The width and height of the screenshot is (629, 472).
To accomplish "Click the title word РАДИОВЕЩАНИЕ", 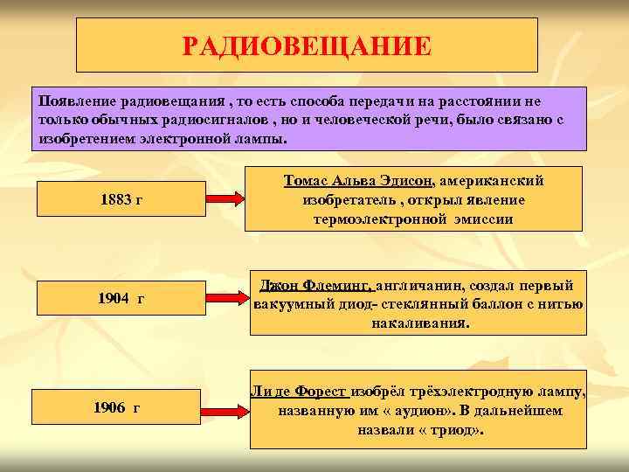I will (307, 45).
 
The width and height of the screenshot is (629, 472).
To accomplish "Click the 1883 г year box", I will (121, 200).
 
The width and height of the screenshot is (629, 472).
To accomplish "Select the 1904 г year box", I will (121, 299).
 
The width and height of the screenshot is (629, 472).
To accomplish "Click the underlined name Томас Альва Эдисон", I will (359, 180).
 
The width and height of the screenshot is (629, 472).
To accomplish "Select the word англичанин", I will (420, 286).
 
